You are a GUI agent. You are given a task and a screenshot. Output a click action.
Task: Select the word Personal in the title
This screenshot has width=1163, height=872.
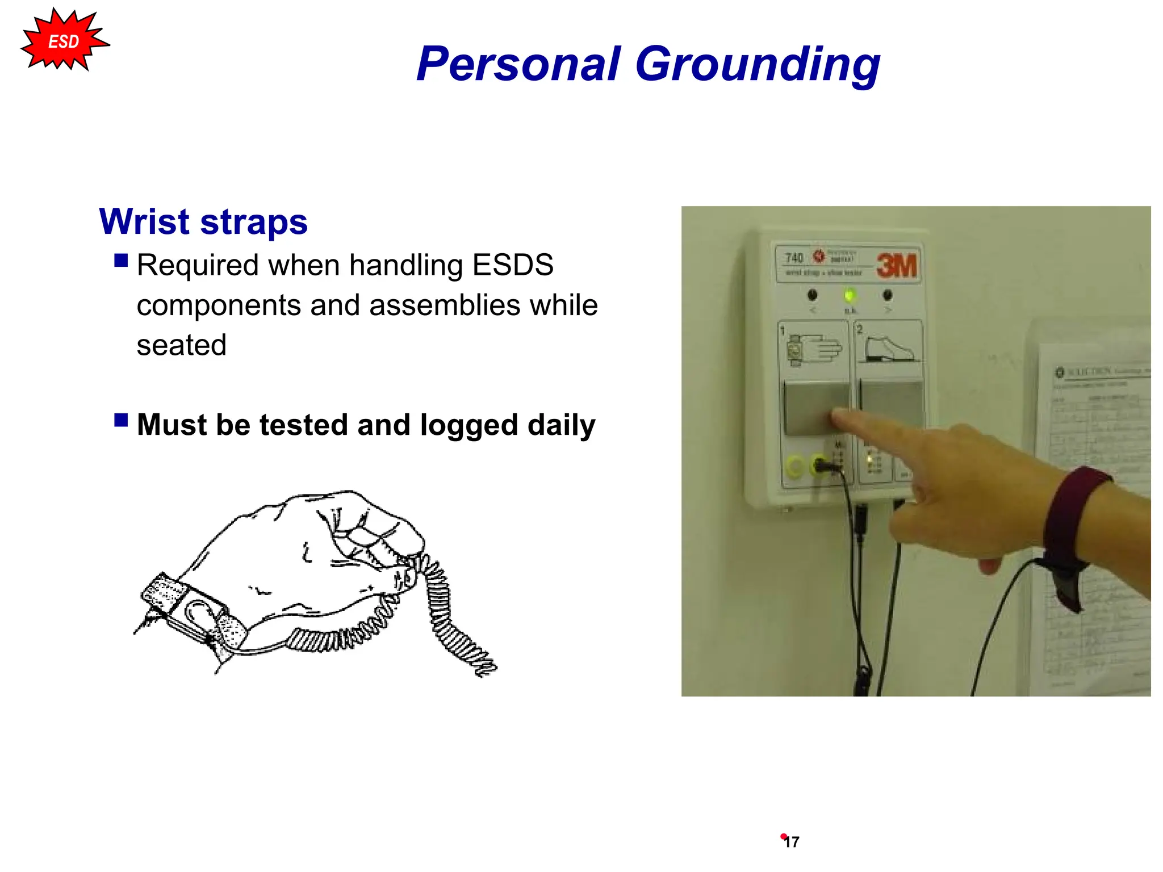coord(518,64)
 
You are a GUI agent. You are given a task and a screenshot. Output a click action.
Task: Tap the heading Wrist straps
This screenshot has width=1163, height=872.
coord(203,221)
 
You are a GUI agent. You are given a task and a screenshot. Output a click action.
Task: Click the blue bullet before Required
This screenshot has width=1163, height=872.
coord(121,261)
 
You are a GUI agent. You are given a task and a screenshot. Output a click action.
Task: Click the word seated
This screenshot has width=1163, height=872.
coord(181,345)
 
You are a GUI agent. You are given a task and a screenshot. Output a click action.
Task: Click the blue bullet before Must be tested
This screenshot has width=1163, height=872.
coord(121,420)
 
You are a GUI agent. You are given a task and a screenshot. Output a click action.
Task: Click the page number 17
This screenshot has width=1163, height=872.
coord(792,842)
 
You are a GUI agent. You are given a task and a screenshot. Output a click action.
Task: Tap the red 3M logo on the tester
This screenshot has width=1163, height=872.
coord(897,266)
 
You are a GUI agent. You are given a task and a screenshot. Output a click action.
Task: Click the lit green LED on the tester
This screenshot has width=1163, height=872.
coord(850,295)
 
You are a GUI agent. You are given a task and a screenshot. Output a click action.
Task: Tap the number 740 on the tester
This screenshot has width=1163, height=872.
coord(794,258)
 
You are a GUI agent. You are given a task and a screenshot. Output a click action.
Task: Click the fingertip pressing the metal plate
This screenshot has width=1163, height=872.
coord(839,420)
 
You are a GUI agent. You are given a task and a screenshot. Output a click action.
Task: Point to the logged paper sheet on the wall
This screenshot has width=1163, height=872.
coord(1090,511)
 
